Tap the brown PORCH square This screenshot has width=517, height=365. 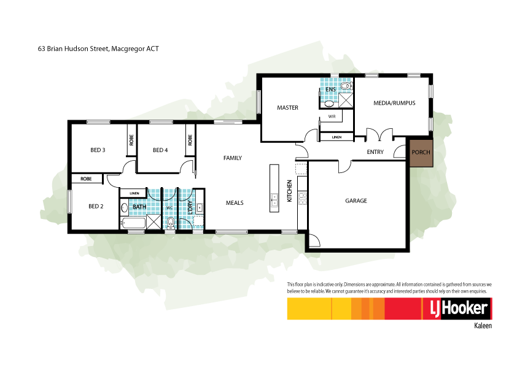click(421, 152)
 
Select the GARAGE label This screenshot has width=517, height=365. click(356, 201)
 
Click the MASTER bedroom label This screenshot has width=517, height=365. click(287, 108)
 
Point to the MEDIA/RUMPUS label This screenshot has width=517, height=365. click(394, 103)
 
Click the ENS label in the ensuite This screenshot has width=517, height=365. click(330, 90)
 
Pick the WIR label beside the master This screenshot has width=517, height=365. click(332, 115)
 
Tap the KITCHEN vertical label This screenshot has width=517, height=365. click(290, 186)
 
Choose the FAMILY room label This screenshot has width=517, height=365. click(232, 158)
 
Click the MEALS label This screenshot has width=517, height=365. click(235, 202)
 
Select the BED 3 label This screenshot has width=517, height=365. click(98, 150)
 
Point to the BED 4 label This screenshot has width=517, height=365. click(160, 150)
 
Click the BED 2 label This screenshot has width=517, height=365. click(96, 207)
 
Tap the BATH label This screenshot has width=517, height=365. click(139, 207)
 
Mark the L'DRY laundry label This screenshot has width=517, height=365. click(190, 207)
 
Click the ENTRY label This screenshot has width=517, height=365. click(375, 152)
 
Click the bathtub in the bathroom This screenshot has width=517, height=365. click(133, 223)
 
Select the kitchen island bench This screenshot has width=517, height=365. click(273, 188)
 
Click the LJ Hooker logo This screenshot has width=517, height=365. click(456, 309)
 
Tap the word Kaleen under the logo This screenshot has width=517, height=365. click(483, 326)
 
